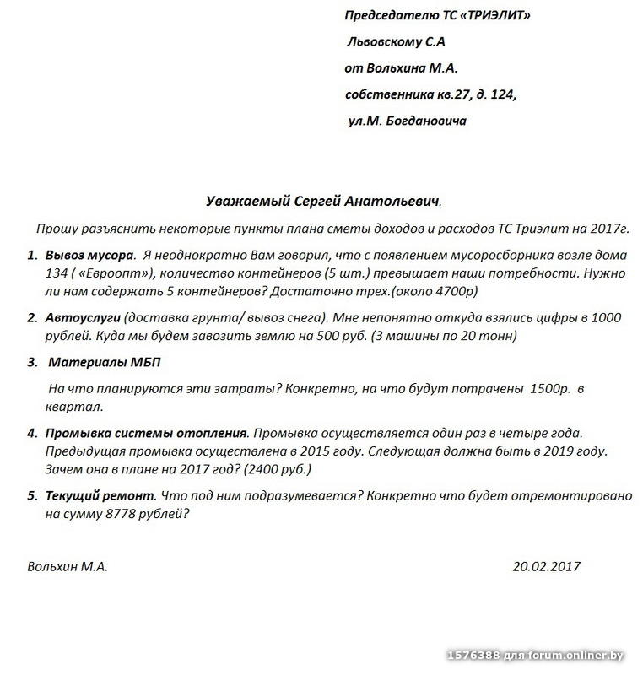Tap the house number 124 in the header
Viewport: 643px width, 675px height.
pos(500,94)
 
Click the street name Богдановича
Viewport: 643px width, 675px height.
pos(425,121)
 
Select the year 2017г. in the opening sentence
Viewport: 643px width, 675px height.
pos(611,229)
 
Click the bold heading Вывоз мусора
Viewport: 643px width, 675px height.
pos(90,255)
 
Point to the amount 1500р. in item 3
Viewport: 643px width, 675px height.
pos(551,390)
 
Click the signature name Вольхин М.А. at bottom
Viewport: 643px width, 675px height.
pos(68,567)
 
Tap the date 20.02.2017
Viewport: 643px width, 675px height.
pos(546,567)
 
